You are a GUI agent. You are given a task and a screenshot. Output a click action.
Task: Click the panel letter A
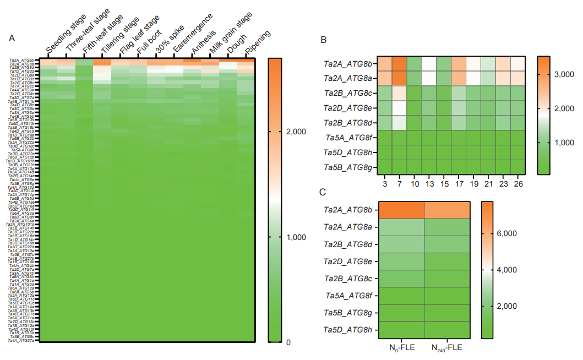(x=12, y=38)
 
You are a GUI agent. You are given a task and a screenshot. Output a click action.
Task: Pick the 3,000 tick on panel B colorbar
(x=557, y=73)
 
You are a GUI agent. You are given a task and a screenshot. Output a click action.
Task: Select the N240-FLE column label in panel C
(x=447, y=348)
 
